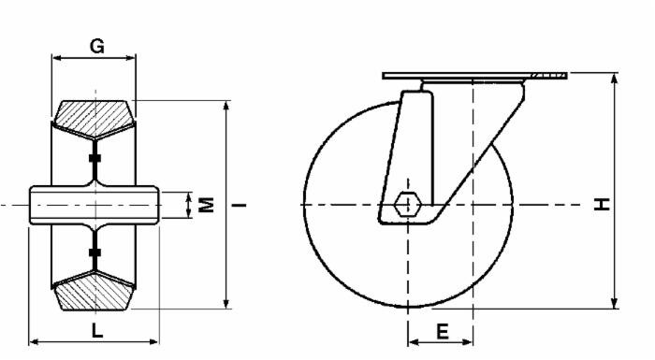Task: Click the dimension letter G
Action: coord(95,44)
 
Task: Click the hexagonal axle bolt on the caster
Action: coord(408,204)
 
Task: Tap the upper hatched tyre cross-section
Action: coord(94,116)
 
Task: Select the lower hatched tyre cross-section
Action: coord(94,291)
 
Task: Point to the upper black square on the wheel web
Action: coord(94,159)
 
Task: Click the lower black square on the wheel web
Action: coord(94,252)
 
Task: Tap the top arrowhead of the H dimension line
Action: coord(615,78)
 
